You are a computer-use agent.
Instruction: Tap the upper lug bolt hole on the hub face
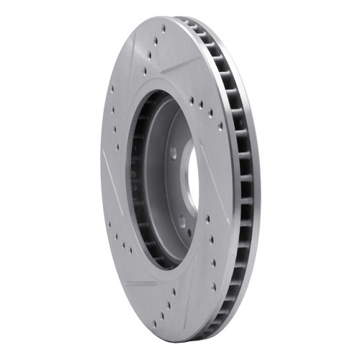tap(174, 153)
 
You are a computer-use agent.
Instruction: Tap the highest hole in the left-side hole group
tap(112, 90)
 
